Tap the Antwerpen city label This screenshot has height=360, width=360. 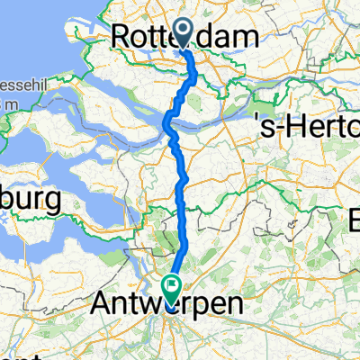click(168, 306)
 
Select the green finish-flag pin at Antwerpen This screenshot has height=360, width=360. click(170, 286)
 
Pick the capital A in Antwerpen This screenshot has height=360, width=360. click(102, 306)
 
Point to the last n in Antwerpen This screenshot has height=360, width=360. click(233, 306)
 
